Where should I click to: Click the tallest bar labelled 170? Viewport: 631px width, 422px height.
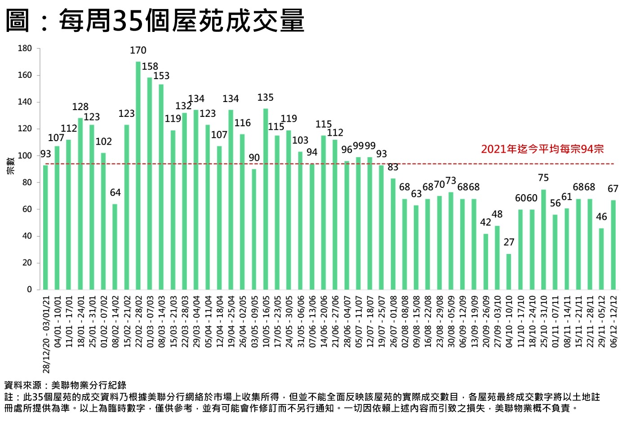pos(138,175)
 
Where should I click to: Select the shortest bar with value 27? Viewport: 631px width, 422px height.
pos(509,271)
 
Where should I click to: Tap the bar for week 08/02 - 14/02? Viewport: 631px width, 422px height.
pos(115,247)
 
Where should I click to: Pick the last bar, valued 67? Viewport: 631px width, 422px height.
pos(613,244)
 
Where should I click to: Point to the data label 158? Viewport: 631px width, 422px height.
pos(150,67)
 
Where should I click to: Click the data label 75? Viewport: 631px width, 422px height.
pos(543,178)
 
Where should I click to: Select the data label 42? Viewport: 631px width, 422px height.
pos(486,222)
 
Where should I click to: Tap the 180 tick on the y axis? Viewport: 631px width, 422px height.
pos(25,49)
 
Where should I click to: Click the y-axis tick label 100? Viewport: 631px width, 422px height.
pos(25,156)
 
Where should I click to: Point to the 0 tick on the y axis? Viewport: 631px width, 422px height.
pos(30,290)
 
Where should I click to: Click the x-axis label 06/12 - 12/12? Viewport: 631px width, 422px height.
pos(613,321)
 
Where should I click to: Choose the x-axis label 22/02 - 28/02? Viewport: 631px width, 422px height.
pos(138,321)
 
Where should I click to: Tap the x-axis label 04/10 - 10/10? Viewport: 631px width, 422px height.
pos(509,321)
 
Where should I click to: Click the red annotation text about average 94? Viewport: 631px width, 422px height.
pos(542,149)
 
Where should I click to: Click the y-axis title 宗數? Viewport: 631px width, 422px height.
pos(11,165)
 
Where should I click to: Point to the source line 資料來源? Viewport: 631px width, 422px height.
pos(65,385)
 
